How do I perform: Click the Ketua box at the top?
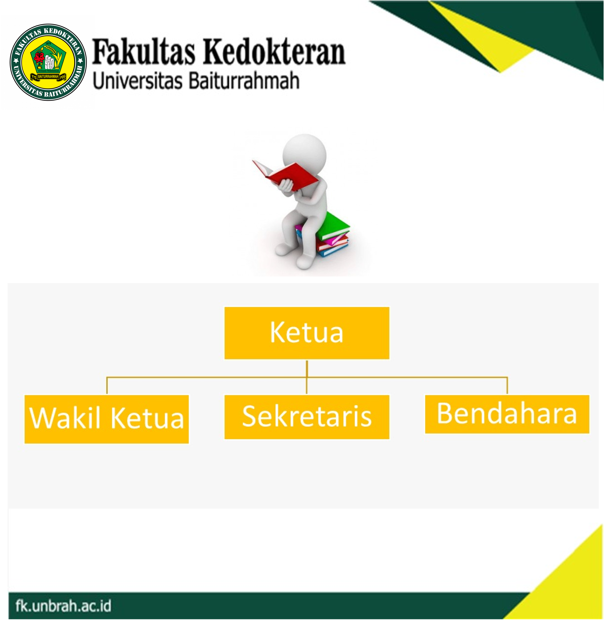[307, 333]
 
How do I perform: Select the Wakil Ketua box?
[106, 419]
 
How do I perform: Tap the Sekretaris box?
[307, 417]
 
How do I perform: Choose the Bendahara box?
[507, 414]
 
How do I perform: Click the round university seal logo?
[48, 62]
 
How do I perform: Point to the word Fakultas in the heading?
[144, 51]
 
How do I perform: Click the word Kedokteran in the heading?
[274, 51]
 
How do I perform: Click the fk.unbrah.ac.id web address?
[63, 605]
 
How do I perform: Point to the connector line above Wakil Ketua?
[107, 385]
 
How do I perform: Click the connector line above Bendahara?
[507, 385]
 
